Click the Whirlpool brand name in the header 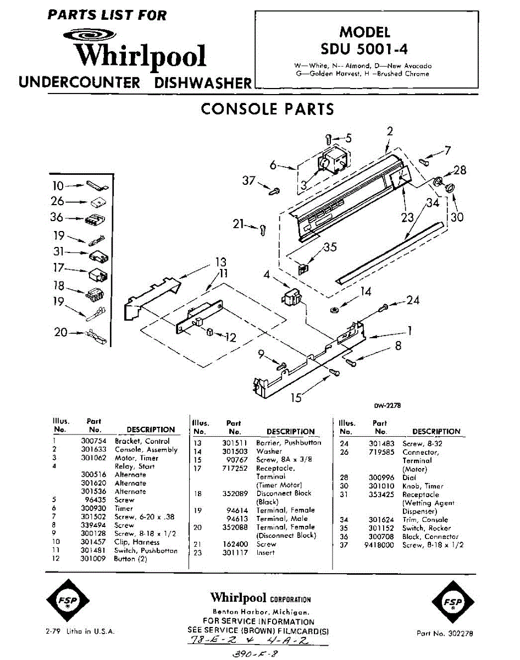[140, 56]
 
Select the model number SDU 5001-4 [365, 49]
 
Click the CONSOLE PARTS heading [267, 109]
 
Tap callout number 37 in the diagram [248, 180]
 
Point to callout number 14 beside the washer [366, 292]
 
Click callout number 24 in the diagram [413, 300]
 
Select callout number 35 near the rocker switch [330, 248]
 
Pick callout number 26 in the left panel [58, 201]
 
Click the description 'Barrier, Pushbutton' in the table [289, 443]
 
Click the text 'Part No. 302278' [444, 633]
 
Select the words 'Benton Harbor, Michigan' [260, 612]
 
